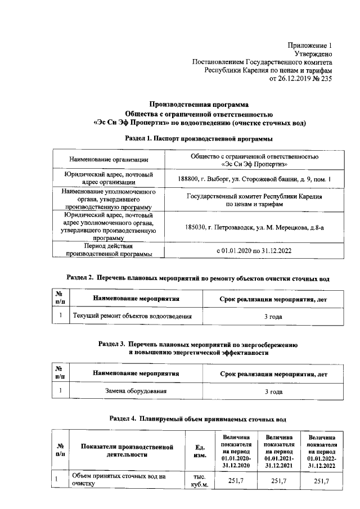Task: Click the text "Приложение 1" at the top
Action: tap(309, 44)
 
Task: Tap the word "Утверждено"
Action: tap(313, 53)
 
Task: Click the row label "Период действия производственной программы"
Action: tap(109, 250)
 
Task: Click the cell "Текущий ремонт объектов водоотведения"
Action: tap(133, 317)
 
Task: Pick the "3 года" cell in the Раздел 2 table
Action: tap(273, 317)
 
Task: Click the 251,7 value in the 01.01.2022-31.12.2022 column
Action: tap(321, 481)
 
